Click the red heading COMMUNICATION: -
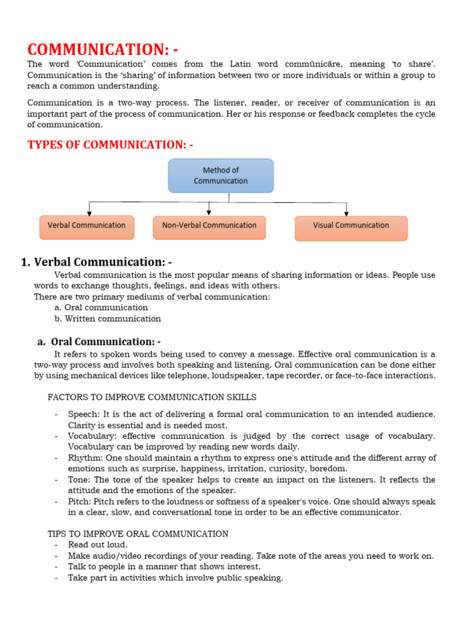pos(102,49)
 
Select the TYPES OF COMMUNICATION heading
pos(110,144)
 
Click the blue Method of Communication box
pos(221,176)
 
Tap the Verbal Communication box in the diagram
pos(87,226)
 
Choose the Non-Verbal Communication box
pos(209,226)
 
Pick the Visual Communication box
pos(351,226)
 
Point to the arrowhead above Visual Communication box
pos(346,212)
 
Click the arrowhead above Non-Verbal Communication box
pos(209,212)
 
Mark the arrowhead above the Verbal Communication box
pos(89,212)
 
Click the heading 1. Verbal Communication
pos(96,262)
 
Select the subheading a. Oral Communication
pos(99,342)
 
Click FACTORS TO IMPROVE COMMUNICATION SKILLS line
pos(152,397)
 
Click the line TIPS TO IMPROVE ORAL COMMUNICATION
pos(138,534)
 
